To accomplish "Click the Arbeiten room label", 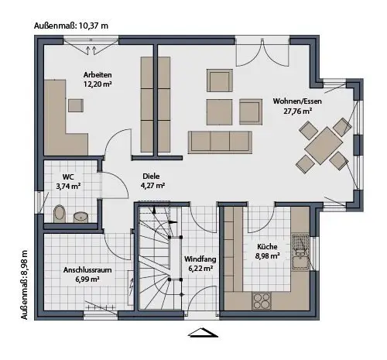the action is click(98, 75).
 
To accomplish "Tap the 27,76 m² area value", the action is click(298, 111).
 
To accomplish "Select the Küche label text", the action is click(267, 246).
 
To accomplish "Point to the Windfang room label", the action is click(200, 259).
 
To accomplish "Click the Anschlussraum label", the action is click(87, 270).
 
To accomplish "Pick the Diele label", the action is click(151, 177).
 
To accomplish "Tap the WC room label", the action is click(68, 177).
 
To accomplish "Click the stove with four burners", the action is click(262, 301).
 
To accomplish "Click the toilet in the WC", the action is click(60, 214).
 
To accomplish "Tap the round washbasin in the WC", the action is click(81, 217).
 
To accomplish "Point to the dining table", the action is click(324, 146).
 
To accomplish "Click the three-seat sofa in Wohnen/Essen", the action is click(220, 142).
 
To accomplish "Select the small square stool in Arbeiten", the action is click(76, 105).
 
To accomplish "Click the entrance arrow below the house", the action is click(204, 333).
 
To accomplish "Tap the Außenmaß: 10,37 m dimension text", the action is click(71, 26).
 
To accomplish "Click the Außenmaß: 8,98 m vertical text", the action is click(25, 285).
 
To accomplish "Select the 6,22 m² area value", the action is click(200, 269).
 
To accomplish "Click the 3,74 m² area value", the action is click(68, 186).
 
